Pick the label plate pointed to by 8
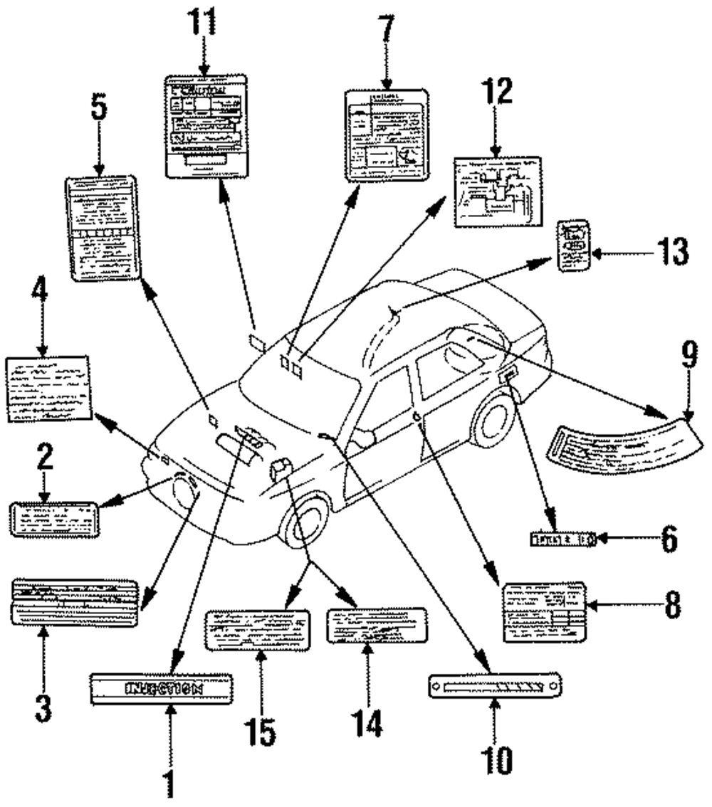(x=544, y=611)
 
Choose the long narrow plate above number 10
(x=496, y=687)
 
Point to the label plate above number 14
(x=376, y=626)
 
